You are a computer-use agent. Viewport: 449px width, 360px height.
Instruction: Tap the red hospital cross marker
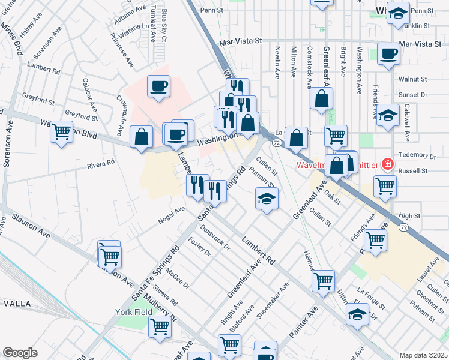[388, 164]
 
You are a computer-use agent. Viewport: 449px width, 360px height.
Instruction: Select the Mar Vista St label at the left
[241, 42]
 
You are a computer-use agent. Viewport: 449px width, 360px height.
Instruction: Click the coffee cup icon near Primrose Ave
[158, 86]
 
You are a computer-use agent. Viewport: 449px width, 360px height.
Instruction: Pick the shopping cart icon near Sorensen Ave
[61, 131]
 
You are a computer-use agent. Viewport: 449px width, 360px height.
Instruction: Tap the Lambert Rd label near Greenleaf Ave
[258, 251]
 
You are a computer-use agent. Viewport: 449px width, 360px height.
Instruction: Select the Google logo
[20, 353]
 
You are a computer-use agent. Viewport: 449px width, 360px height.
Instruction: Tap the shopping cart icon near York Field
[160, 328]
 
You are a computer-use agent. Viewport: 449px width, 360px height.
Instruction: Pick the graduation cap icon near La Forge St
[357, 314]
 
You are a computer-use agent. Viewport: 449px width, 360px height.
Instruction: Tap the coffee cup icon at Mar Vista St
[388, 54]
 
